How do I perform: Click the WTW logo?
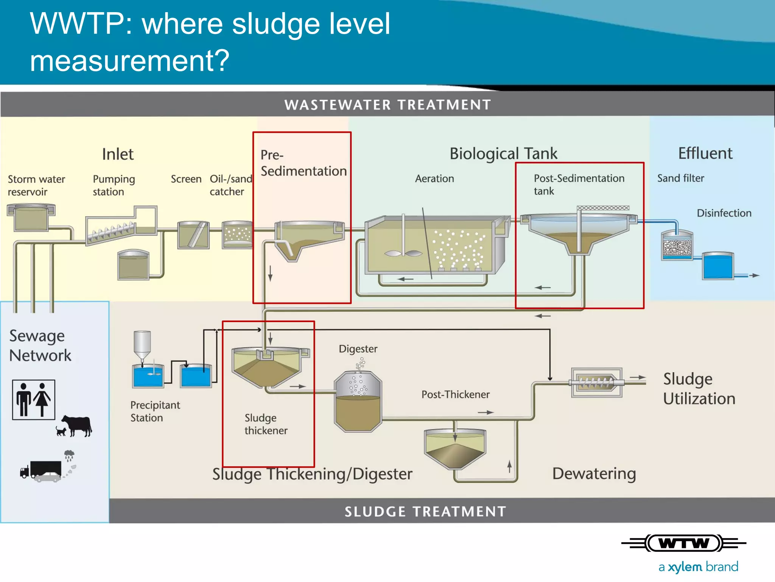click(x=684, y=543)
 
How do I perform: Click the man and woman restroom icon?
click(x=33, y=399)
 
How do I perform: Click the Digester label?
click(x=358, y=349)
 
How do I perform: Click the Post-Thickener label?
click(x=455, y=394)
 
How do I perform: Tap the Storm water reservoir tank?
click(x=31, y=217)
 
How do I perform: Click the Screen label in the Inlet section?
click(x=186, y=179)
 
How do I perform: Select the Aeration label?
click(x=434, y=178)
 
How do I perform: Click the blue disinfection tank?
click(x=717, y=266)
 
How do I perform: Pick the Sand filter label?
click(x=680, y=178)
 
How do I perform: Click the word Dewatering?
click(x=594, y=474)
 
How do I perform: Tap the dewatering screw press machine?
click(x=596, y=382)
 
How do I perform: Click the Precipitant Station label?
click(x=155, y=411)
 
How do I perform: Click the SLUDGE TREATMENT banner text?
click(x=425, y=512)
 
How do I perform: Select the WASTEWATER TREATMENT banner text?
click(x=387, y=105)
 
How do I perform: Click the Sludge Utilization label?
click(x=699, y=389)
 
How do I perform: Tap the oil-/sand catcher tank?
click(x=237, y=235)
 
